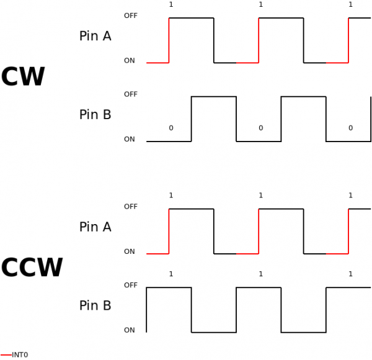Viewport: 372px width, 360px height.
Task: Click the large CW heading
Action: [x=23, y=78]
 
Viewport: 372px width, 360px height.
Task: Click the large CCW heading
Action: [x=32, y=268]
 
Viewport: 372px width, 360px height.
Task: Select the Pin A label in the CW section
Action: [x=95, y=36]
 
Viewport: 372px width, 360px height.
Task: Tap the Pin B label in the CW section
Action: [x=95, y=115]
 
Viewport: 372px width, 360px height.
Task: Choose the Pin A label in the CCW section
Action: [x=95, y=227]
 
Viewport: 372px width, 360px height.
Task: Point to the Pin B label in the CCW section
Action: [x=95, y=305]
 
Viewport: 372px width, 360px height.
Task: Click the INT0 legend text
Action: [x=20, y=355]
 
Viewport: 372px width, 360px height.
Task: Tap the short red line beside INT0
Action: [x=6, y=355]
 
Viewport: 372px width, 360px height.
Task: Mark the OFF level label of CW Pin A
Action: [x=131, y=16]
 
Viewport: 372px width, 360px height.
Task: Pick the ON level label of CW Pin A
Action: [x=130, y=61]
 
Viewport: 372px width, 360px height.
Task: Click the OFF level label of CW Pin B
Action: [x=131, y=94]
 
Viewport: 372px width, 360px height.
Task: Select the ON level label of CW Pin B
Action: [x=130, y=140]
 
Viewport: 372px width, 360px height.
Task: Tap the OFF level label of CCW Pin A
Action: [x=131, y=207]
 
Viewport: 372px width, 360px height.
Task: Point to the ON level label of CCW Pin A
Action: [x=130, y=252]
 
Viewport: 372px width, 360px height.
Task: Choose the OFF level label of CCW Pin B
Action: [x=131, y=286]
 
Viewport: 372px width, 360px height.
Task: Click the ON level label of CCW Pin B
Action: [x=130, y=331]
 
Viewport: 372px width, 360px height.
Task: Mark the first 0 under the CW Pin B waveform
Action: [x=171, y=128]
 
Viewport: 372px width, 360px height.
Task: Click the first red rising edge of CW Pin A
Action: [x=169, y=40]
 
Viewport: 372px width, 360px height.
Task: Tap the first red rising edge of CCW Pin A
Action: [x=169, y=232]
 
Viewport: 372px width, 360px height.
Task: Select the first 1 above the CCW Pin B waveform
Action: [x=171, y=274]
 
